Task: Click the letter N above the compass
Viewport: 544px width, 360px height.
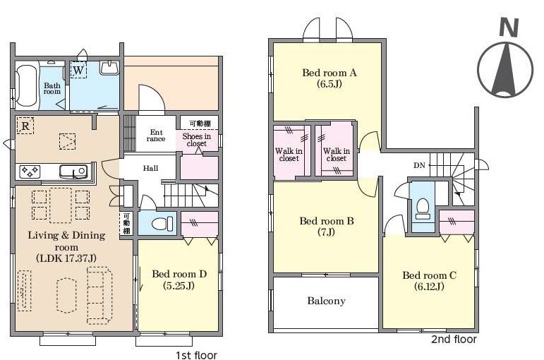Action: [x=509, y=28]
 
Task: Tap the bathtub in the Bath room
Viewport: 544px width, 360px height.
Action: [x=27, y=85]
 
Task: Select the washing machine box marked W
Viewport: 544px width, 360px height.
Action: [x=78, y=70]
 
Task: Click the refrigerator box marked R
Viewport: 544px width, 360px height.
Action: [x=25, y=126]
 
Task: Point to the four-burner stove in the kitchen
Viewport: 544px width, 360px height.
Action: [x=30, y=171]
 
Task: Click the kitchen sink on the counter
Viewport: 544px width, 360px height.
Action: [x=73, y=171]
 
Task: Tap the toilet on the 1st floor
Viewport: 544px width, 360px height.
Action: [x=162, y=223]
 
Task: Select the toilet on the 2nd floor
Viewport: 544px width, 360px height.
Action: [x=423, y=208]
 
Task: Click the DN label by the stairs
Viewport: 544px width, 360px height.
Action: [x=419, y=166]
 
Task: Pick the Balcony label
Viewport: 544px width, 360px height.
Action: [x=327, y=301]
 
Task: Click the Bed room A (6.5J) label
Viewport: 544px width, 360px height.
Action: [x=330, y=78]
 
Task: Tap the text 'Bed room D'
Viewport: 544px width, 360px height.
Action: [x=179, y=274]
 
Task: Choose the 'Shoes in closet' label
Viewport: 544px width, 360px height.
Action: [x=196, y=140]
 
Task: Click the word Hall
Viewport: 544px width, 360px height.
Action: [x=150, y=169]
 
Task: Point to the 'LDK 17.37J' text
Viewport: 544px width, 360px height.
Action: [x=66, y=258]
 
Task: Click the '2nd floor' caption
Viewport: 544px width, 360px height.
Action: [x=454, y=339]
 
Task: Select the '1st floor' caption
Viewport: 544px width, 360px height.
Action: [x=196, y=355]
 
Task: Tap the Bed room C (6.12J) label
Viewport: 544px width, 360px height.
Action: [x=429, y=280]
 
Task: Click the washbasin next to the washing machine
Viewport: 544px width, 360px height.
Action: [x=109, y=67]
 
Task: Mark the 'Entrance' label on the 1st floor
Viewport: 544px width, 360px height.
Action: [x=156, y=136]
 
